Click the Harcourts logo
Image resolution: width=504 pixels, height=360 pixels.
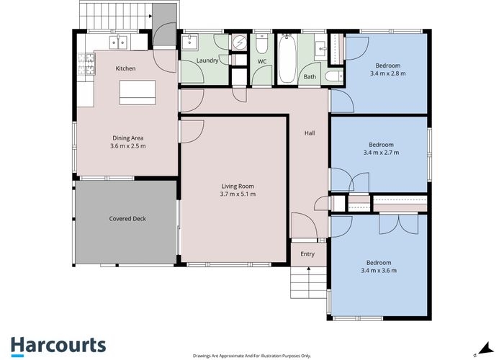click(58, 345)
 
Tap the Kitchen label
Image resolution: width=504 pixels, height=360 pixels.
click(126, 68)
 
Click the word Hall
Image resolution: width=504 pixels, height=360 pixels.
click(310, 133)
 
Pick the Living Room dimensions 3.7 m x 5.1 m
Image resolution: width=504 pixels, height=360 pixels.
click(238, 194)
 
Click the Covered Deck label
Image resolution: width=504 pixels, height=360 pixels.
click(128, 218)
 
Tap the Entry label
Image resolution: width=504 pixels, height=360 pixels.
click(307, 253)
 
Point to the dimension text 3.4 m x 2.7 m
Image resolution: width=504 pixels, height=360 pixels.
click(382, 153)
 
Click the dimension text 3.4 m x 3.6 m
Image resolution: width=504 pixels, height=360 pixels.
click(379, 271)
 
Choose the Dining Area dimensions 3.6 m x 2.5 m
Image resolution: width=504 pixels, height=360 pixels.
click(129, 146)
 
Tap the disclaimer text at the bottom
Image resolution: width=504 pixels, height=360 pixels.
click(251, 355)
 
